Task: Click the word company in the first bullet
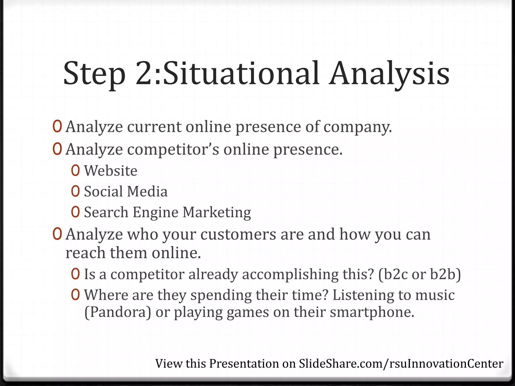pyautogui.click(x=357, y=127)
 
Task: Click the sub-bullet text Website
pyautogui.click(x=111, y=171)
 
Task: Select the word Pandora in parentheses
pyautogui.click(x=118, y=312)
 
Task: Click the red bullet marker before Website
pyautogui.click(x=75, y=171)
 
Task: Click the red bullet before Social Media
pyautogui.click(x=75, y=191)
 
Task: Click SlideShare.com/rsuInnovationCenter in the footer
pyautogui.click(x=401, y=364)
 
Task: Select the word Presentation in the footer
pyautogui.click(x=244, y=364)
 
